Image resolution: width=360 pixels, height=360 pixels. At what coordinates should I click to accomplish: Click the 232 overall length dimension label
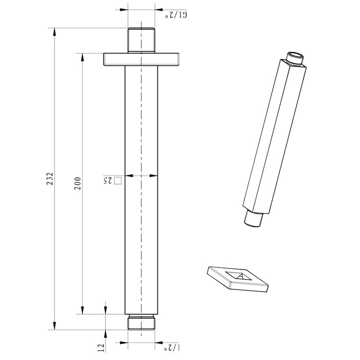coord(50,179)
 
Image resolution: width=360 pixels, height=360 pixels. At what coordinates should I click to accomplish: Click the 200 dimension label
coord(78,183)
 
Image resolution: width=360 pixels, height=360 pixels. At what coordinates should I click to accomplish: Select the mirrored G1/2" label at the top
coord(176,15)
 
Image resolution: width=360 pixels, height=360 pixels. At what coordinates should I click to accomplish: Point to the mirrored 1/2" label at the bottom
coord(172,348)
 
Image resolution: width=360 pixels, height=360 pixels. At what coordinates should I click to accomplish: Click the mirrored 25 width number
coord(107,180)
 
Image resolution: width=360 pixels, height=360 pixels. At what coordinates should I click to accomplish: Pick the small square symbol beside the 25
coord(118,180)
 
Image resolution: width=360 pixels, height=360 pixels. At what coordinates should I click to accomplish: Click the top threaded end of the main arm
coord(141,41)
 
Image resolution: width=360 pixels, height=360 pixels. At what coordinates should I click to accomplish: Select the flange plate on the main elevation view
coord(141,60)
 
